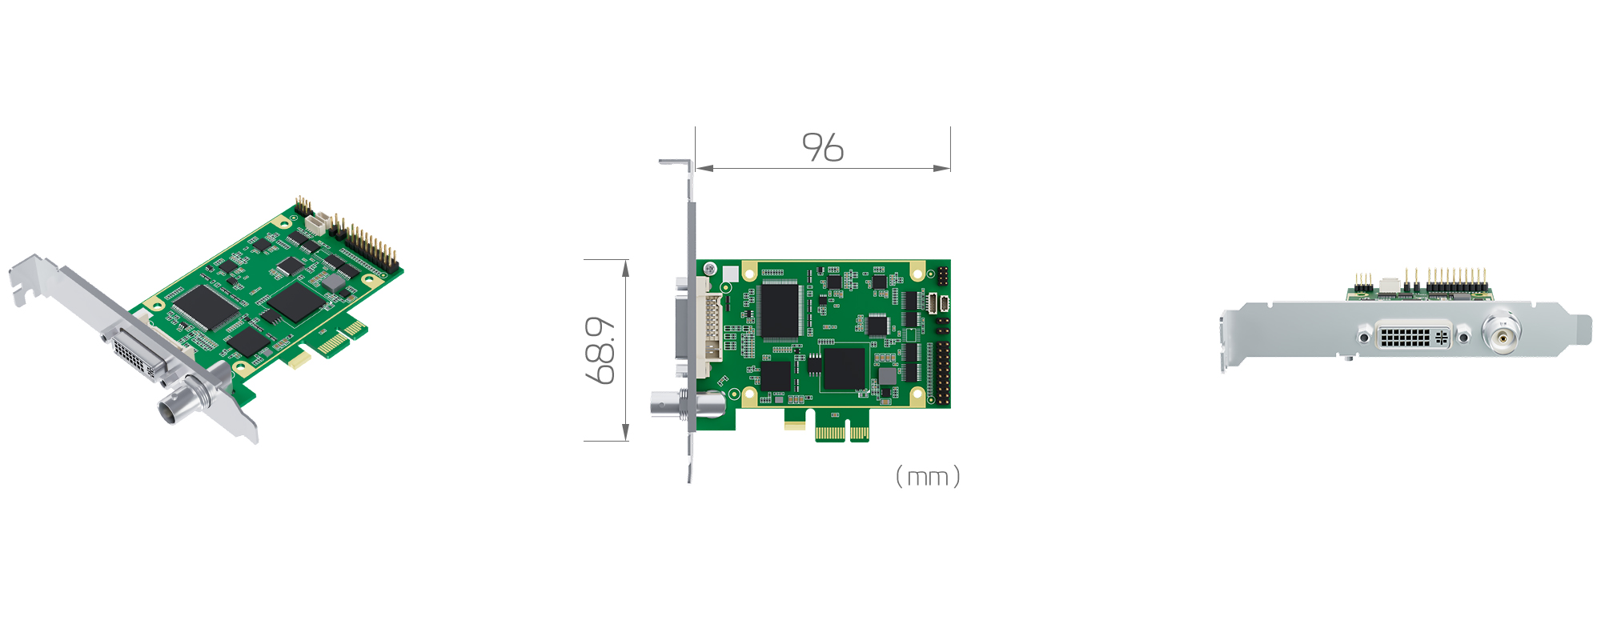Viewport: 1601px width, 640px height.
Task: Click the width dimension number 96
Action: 823,148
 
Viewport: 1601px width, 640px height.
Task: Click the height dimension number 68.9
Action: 600,350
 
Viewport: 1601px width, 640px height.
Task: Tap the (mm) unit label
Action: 928,477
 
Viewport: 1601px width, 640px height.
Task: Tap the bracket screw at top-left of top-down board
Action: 709,270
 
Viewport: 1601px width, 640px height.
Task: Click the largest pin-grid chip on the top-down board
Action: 780,310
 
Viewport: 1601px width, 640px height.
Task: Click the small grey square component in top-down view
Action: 887,376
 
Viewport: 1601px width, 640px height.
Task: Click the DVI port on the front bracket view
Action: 1413,336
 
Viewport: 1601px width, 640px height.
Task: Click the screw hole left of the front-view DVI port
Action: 1363,338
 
